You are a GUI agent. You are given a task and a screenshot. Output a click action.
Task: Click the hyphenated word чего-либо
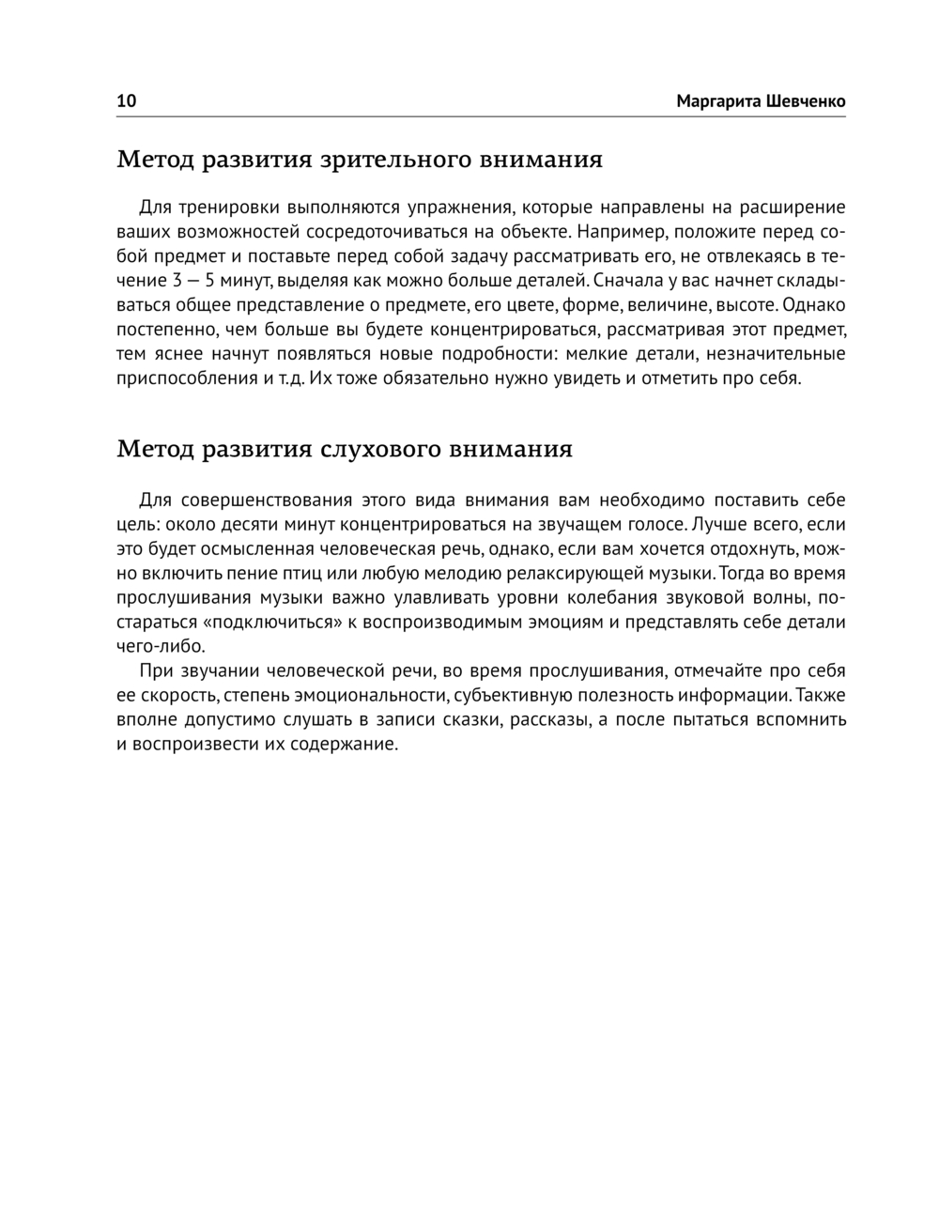coord(160,646)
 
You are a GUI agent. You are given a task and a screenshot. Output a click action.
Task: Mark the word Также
coord(820,696)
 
